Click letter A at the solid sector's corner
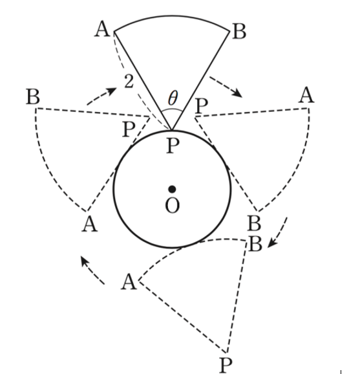103,29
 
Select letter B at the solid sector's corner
239,31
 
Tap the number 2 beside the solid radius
129,82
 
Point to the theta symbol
173,98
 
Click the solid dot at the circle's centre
172,189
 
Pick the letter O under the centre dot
172,205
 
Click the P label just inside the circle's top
173,146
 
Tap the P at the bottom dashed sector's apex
226,365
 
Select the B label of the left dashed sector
33,96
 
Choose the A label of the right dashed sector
306,95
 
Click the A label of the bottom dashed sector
129,281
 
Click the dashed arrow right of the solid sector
226,87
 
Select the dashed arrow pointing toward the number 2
101,96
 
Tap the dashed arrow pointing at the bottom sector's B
278,232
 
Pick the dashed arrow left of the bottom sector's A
92,270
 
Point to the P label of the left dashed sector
129,129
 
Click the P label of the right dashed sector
202,105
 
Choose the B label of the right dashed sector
255,223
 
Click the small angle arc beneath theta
173,110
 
